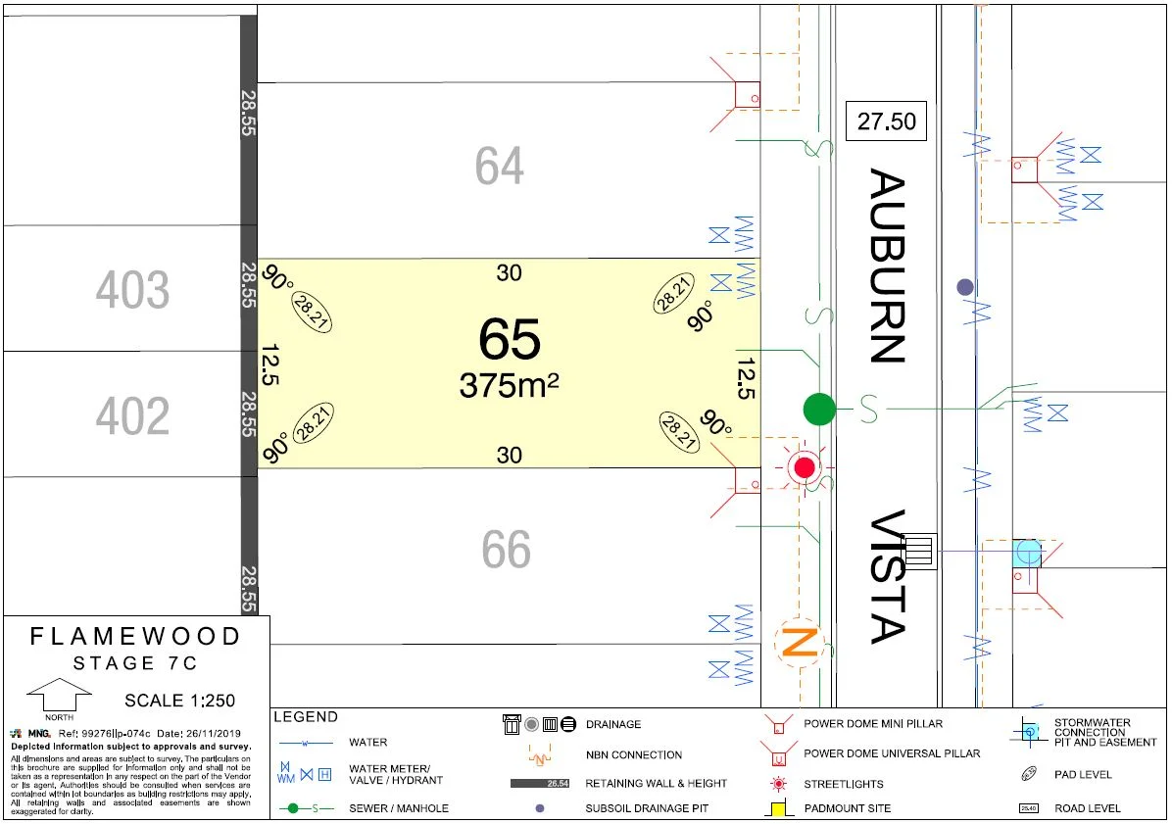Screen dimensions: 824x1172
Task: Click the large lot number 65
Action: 510,340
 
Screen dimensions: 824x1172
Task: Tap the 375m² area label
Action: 509,385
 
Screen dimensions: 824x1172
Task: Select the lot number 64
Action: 500,167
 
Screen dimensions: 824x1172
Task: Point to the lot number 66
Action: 507,551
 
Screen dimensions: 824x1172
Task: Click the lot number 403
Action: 132,291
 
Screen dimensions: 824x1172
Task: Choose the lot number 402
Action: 132,416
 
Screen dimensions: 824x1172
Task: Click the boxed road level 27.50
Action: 886,121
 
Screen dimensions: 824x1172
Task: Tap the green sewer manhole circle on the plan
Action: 819,409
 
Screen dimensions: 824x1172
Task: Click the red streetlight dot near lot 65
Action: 805,467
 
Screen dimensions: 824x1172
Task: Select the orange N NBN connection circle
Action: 799,643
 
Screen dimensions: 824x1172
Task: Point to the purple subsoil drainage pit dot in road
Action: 965,287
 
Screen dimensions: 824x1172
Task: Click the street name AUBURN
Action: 887,267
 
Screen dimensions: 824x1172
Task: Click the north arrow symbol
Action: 59,696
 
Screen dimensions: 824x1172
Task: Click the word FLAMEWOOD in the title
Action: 135,637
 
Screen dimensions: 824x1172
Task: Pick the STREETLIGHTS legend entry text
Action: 843,784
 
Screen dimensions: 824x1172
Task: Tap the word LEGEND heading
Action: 306,717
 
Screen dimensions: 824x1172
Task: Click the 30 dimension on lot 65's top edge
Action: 509,273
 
